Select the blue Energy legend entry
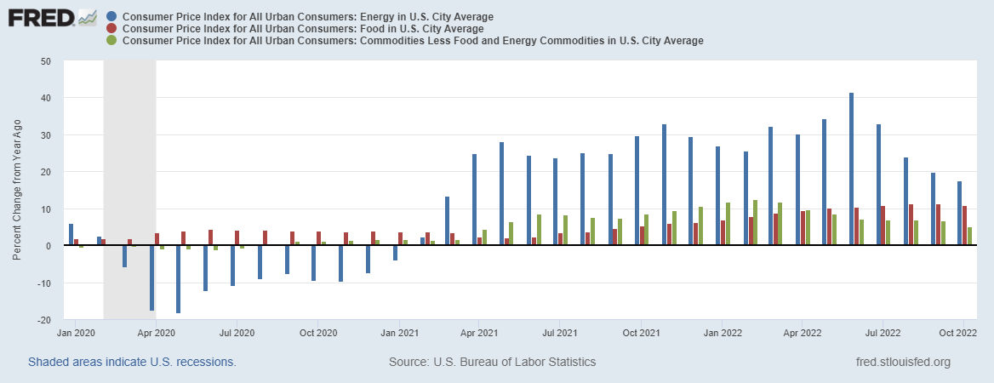coord(307,17)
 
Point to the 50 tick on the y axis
coord(46,61)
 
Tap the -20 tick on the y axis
coord(44,320)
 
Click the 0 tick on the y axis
coord(49,246)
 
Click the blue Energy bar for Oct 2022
coord(959,214)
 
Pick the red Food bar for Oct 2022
coord(964,226)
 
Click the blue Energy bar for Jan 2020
coord(71,235)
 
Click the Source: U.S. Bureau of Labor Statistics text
coord(492,362)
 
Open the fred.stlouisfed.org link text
coord(903,362)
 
